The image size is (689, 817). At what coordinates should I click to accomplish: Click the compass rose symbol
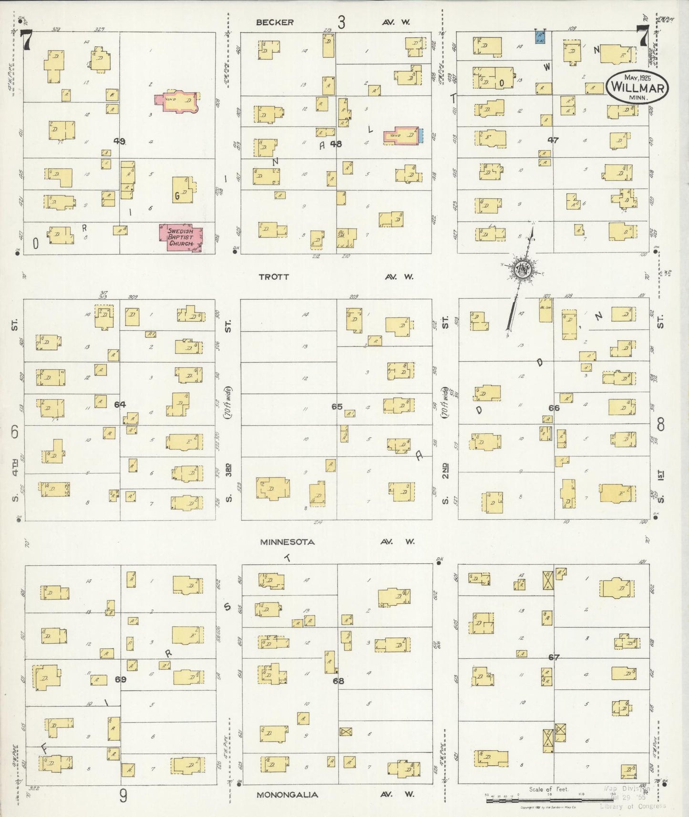coord(523,270)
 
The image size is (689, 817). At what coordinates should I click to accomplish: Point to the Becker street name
coord(275,22)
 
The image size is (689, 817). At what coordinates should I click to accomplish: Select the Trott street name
coord(274,276)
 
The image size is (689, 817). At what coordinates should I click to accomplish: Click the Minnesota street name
coord(287,542)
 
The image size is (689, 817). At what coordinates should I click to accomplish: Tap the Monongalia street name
coord(288,795)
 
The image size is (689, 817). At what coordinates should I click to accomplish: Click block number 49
coord(119,141)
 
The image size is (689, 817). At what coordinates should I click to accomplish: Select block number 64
coord(120,404)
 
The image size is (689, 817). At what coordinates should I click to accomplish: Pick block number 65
coord(337,407)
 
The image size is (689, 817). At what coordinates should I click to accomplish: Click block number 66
coord(554,408)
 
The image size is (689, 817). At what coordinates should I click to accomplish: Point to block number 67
coord(554,657)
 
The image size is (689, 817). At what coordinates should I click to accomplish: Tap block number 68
coord(338,681)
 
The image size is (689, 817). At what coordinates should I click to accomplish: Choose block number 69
coord(120,679)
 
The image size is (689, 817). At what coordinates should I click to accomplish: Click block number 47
coord(553,140)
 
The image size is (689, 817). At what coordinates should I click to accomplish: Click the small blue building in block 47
coord(540,38)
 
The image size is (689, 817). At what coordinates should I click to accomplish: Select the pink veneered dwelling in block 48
coord(401,135)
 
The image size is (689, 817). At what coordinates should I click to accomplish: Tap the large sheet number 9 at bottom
coord(123,796)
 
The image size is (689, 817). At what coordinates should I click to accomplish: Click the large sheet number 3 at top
coord(341,22)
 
